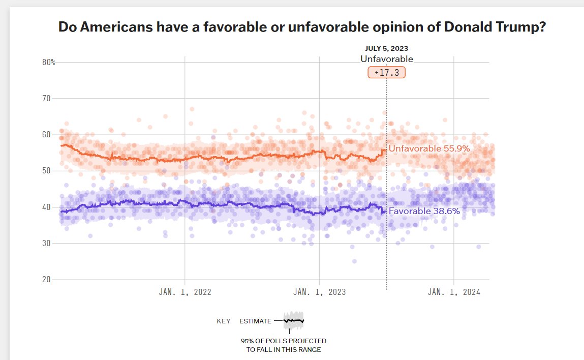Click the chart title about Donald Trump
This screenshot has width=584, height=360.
302,27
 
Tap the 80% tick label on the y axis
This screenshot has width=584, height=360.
49,62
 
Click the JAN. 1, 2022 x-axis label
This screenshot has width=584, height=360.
185,292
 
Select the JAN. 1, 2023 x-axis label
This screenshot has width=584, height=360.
320,292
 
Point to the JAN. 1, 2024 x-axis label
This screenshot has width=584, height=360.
454,292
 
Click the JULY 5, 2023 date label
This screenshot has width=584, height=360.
387,49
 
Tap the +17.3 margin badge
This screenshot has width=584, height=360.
387,73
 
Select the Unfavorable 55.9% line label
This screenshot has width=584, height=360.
429,149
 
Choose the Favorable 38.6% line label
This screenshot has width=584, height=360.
424,211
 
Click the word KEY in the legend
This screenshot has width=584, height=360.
224,321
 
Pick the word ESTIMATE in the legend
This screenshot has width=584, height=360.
255,321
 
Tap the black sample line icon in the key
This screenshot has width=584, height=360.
294,321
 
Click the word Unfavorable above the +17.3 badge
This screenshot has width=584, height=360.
387,59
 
